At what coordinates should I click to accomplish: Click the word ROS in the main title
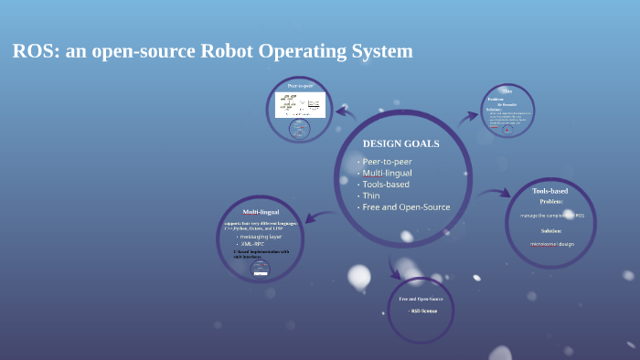[33, 51]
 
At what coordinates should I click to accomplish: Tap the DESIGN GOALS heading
[400, 143]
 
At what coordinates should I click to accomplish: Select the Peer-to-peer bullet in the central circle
[387, 162]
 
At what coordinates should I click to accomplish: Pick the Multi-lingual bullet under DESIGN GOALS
[387, 173]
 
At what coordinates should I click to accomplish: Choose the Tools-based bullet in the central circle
[385, 184]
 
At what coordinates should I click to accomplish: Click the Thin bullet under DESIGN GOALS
[371, 196]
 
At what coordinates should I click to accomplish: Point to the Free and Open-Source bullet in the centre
[406, 206]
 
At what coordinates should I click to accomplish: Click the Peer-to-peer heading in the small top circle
[300, 86]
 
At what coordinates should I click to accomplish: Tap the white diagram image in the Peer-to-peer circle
[300, 104]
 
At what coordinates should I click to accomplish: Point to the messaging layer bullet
[260, 236]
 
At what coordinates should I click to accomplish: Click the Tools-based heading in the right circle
[549, 191]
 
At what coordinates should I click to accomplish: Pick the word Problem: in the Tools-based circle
[550, 201]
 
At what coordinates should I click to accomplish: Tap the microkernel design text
[551, 244]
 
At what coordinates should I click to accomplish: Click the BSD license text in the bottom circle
[422, 311]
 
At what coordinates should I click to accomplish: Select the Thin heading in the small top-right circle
[507, 91]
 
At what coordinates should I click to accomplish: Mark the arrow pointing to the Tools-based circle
[495, 193]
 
